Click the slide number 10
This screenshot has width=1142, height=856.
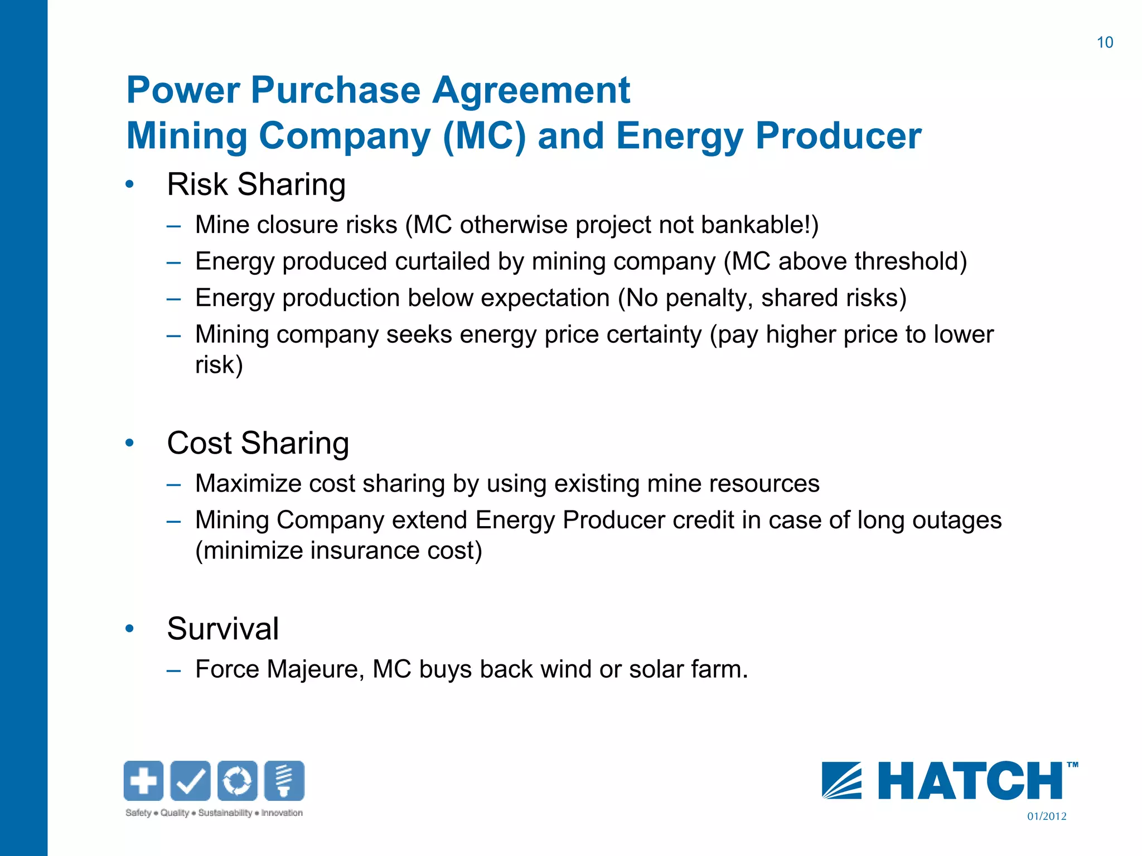1105,42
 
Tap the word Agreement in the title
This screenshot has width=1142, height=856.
531,90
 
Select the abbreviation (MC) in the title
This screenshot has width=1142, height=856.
484,136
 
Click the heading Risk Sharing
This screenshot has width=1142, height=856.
256,184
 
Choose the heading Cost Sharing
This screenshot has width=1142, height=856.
258,443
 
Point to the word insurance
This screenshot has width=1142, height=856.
365,551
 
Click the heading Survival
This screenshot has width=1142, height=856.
222,629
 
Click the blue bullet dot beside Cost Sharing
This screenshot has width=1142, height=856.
130,443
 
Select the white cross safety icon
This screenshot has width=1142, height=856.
143,780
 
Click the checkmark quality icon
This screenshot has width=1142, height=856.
190,780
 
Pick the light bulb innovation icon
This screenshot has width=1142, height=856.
284,780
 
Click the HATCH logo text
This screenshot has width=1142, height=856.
970,781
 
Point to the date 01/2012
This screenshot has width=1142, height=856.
1047,816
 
